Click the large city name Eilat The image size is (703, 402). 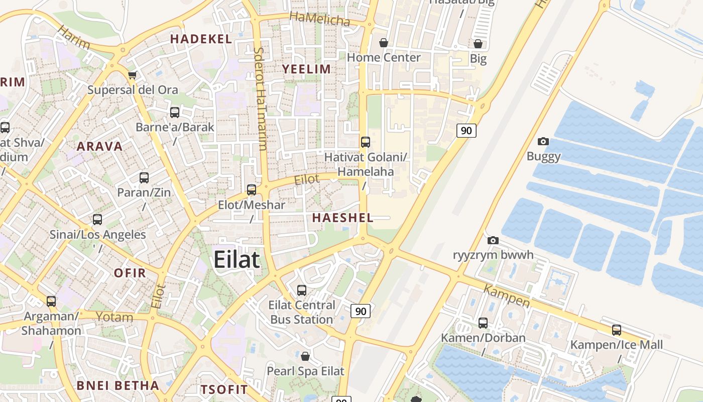237,260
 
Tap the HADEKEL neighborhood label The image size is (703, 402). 201,39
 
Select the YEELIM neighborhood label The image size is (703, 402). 306,69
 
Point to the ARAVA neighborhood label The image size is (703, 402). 99,146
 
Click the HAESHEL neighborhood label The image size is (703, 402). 343,218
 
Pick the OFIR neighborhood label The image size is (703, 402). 130,273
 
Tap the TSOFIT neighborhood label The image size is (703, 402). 224,389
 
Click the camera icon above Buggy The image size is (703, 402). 543,142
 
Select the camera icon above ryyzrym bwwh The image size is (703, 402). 493,240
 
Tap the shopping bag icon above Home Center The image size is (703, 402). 384,43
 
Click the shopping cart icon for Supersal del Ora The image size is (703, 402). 132,75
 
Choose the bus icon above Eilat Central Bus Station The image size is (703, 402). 301,290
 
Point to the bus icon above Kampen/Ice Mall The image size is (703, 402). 616,330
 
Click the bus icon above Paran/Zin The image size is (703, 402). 144,178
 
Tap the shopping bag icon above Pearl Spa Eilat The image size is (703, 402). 305,357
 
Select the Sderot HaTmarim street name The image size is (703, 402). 260,98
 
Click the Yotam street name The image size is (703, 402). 114,317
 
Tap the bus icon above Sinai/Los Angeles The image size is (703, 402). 97,220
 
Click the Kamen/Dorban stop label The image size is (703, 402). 483,338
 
